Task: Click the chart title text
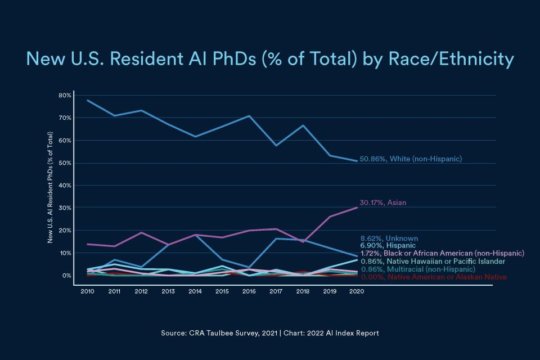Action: click(x=270, y=59)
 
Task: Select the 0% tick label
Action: click(x=66, y=276)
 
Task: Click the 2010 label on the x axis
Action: click(x=87, y=291)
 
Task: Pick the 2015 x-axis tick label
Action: click(x=222, y=291)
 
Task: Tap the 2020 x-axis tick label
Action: click(x=357, y=291)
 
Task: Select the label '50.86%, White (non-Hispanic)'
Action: click(x=411, y=159)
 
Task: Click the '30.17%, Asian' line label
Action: click(x=382, y=202)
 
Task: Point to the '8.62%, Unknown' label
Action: click(x=389, y=238)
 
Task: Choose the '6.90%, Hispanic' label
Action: click(x=388, y=246)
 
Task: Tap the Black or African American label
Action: click(x=442, y=254)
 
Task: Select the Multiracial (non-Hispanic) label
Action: click(x=417, y=269)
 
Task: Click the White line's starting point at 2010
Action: click(x=87, y=100)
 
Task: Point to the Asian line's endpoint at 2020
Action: click(x=357, y=208)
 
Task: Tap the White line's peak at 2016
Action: click(x=249, y=116)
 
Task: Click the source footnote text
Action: click(x=270, y=333)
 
